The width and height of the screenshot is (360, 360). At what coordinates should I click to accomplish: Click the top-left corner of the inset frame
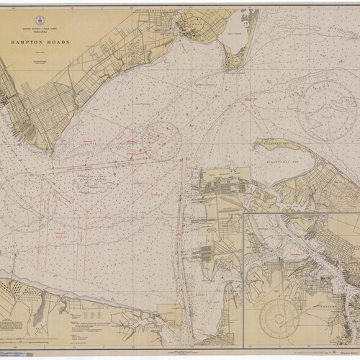point(245,213)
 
